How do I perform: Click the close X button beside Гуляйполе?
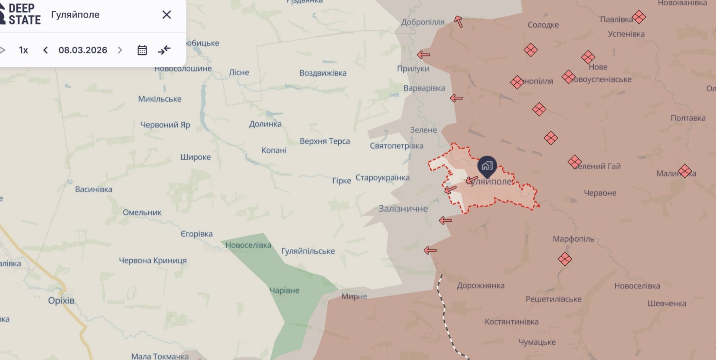tap(166, 15)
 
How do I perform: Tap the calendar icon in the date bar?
tap(142, 50)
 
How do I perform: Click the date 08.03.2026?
tap(83, 50)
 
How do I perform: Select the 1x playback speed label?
tap(23, 50)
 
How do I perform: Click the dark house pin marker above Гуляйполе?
tap(487, 166)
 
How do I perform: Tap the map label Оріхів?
tap(61, 300)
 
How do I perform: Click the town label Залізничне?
tap(403, 209)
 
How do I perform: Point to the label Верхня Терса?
tap(325, 141)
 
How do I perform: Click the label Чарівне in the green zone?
tap(284, 290)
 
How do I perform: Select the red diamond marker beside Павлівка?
tap(639, 17)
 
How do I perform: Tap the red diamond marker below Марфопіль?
tap(565, 259)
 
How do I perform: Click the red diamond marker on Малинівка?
tap(685, 171)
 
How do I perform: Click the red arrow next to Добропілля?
tap(458, 21)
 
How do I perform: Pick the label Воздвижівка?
tap(323, 73)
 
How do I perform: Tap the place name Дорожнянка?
tap(481, 285)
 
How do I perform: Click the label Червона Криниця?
tap(153, 261)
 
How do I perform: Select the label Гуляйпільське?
tap(308, 251)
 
